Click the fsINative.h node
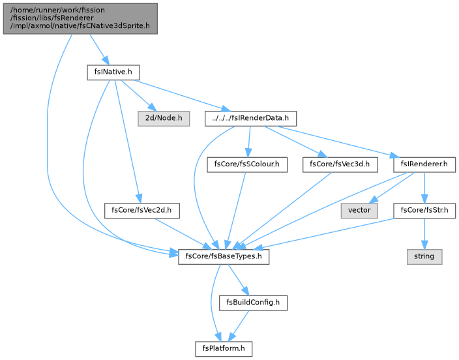point(113,72)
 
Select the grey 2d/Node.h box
point(164,118)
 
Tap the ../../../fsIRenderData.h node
point(250,118)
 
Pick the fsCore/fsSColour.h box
point(247,164)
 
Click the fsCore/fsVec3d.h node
point(340,164)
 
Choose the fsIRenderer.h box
point(424,164)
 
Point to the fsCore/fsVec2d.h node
point(141,210)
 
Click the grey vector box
point(359,210)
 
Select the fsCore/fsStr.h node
point(424,210)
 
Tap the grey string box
point(424,256)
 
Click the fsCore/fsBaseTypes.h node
point(224,256)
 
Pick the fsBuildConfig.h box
point(253,303)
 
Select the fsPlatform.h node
point(224,348)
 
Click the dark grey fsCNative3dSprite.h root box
point(80,18)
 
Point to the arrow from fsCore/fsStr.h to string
point(424,233)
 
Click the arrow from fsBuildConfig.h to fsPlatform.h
point(238,326)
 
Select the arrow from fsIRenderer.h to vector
point(391,188)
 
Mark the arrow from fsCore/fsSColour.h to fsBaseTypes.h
point(235,211)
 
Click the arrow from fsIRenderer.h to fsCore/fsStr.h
point(424,188)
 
